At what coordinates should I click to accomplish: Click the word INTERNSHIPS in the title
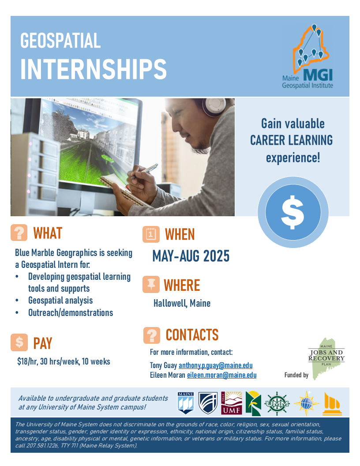coord(93,69)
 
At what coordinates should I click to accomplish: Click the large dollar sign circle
coord(293,212)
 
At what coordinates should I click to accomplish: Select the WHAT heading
coord(48,233)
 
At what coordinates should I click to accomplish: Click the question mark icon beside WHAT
coord(19,233)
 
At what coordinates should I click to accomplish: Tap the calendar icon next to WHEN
coord(151,234)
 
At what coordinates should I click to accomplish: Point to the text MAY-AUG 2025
coord(191,256)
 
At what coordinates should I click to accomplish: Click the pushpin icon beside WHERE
coord(151,285)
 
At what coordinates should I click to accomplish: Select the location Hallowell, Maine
coord(182,304)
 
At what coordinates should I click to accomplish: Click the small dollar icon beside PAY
coord(19,342)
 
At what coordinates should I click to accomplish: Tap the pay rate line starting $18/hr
coord(64,362)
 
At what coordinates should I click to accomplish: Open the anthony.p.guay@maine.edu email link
coord(216,365)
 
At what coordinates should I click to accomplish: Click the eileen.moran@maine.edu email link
coord(221,375)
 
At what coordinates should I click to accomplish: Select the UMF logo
coord(231,403)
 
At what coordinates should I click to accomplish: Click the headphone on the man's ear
coord(213,107)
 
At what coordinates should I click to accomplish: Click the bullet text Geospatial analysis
coord(60,301)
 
